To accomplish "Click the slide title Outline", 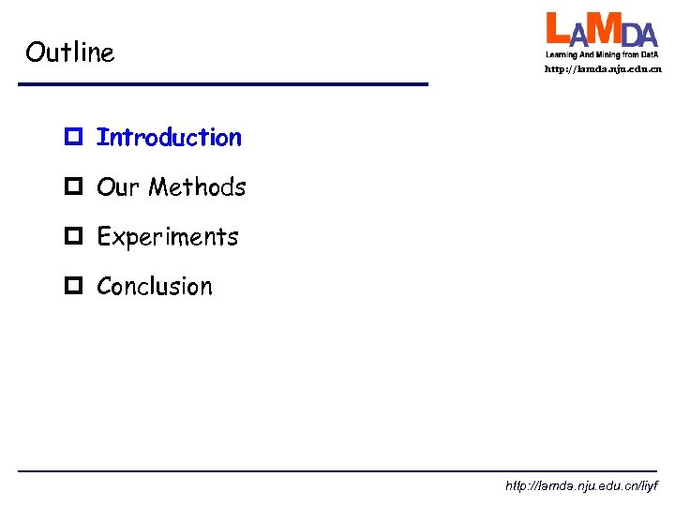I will (x=70, y=52).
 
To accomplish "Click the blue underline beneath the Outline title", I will (x=223, y=85).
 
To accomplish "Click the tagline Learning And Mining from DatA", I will (x=602, y=54).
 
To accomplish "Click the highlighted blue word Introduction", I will (x=169, y=138).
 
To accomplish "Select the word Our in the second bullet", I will (x=118, y=187).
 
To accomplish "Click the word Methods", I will (x=197, y=187).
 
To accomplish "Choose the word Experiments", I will (x=168, y=237).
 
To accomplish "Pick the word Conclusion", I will (x=155, y=287).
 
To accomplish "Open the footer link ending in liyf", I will (x=581, y=486).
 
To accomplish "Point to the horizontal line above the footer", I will (x=337, y=470).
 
